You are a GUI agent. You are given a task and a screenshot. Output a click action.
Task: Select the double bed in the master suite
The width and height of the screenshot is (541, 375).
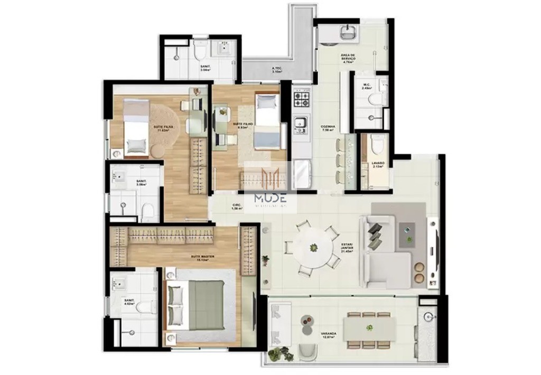(x=201, y=305)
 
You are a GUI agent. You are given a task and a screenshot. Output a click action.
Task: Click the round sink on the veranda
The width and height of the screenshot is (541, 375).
(x=428, y=317)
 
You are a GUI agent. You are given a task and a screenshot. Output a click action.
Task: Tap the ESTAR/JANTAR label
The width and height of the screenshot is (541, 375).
(x=347, y=248)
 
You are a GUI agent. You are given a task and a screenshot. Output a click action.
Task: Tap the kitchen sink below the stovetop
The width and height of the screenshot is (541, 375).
(x=301, y=124)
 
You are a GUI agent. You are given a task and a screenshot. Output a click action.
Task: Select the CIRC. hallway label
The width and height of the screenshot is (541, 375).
(x=237, y=207)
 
